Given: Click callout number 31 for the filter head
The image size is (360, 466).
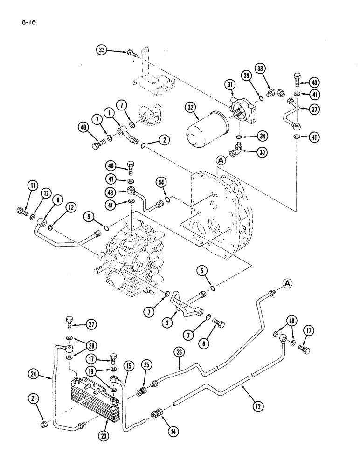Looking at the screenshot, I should pyautogui.click(x=229, y=84).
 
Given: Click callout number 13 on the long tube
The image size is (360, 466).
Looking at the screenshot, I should pyautogui.click(x=258, y=407).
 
